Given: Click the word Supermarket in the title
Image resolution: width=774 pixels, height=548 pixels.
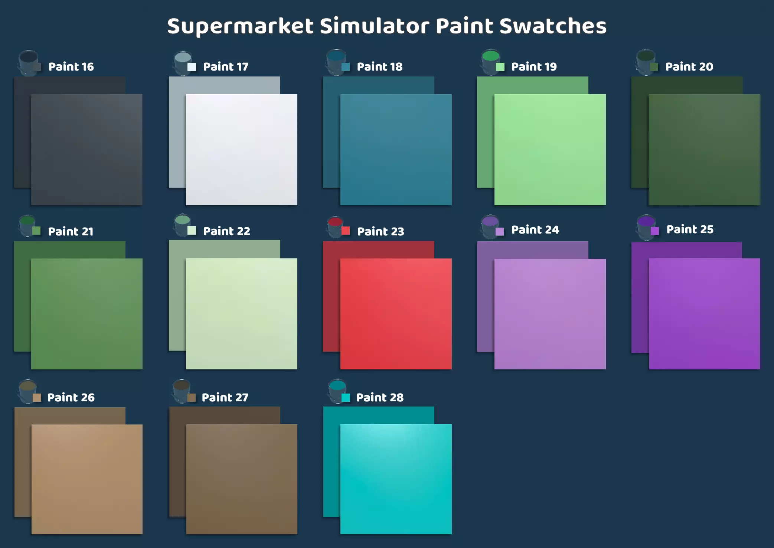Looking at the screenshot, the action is tap(241, 27).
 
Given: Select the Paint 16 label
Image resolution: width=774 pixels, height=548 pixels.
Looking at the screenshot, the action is tap(71, 67).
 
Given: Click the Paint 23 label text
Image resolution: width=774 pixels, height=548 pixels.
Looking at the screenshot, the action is tap(381, 232).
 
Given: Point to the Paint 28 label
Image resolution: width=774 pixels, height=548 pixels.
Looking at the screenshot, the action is tap(380, 398).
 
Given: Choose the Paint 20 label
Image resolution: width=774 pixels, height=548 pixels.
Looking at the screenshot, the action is tap(689, 67).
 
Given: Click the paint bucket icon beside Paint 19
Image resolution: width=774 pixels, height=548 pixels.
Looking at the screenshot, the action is tap(490, 62).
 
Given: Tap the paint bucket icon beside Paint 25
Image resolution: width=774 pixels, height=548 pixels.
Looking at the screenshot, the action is tap(646, 227).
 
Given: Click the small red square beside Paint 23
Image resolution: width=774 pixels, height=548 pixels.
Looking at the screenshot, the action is tap(346, 231).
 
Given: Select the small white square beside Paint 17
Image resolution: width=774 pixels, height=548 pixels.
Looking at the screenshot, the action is tap(192, 67).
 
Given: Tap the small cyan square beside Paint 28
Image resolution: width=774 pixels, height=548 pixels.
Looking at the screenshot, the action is tap(346, 398).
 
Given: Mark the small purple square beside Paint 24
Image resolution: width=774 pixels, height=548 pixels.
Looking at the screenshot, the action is tap(500, 231).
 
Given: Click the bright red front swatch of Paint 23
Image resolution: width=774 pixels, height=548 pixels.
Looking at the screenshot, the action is tap(396, 314).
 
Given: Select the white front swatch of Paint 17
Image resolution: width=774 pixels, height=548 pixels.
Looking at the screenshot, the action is tap(242, 150).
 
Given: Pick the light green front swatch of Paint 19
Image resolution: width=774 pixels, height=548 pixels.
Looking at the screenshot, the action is tap(550, 150).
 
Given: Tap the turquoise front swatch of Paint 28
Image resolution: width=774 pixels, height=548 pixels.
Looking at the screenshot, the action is tap(396, 479).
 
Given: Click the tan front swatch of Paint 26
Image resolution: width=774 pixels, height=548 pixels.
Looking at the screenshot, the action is tap(87, 479).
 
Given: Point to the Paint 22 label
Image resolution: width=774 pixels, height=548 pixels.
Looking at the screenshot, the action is tap(226, 231).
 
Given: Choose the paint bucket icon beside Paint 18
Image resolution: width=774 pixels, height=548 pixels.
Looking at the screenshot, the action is tap(336, 62).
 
